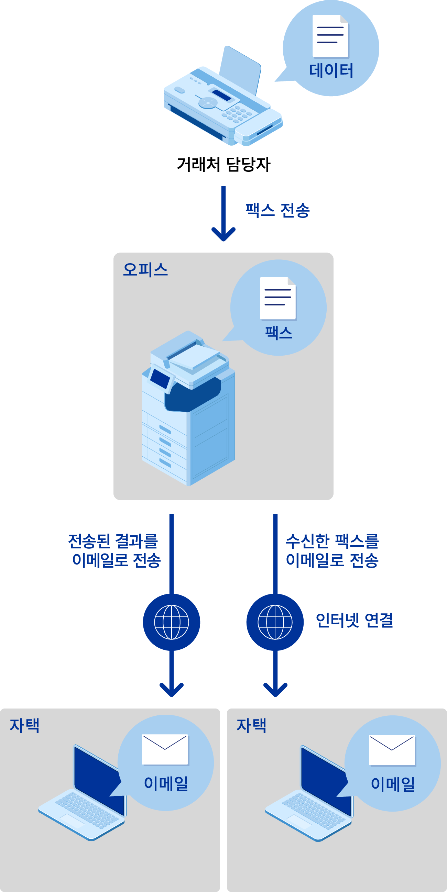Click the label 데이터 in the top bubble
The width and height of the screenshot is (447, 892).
(x=331, y=71)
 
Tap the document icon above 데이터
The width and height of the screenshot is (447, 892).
(x=330, y=36)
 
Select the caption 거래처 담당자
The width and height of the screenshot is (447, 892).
(x=223, y=164)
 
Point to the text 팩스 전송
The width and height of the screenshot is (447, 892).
(x=277, y=210)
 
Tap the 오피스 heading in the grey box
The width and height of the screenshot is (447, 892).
(x=145, y=269)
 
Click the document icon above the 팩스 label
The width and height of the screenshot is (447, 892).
(x=278, y=298)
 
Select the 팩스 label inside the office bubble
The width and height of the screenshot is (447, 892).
(x=279, y=333)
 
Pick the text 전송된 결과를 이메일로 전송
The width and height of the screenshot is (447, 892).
(x=115, y=550)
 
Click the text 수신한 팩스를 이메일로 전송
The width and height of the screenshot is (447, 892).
(x=332, y=550)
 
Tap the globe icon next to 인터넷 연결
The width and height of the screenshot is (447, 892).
(x=275, y=622)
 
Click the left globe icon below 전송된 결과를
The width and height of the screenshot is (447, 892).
(x=172, y=622)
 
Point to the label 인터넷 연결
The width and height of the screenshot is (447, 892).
(x=354, y=620)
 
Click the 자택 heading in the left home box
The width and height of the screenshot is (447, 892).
(x=24, y=725)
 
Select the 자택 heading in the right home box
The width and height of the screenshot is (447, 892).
(x=251, y=725)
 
